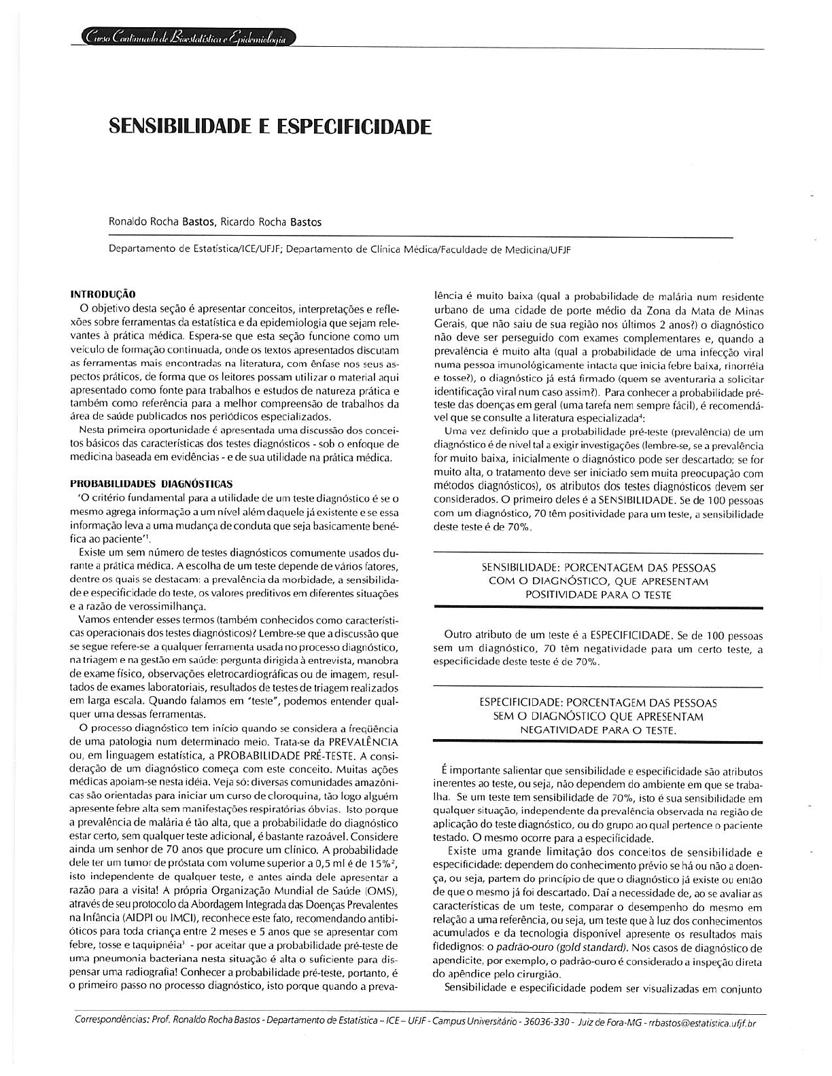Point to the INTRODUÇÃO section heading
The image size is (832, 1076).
tap(103, 294)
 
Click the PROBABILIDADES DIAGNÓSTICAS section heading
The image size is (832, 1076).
tap(151, 484)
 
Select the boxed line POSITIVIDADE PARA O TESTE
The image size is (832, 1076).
tap(598, 594)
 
